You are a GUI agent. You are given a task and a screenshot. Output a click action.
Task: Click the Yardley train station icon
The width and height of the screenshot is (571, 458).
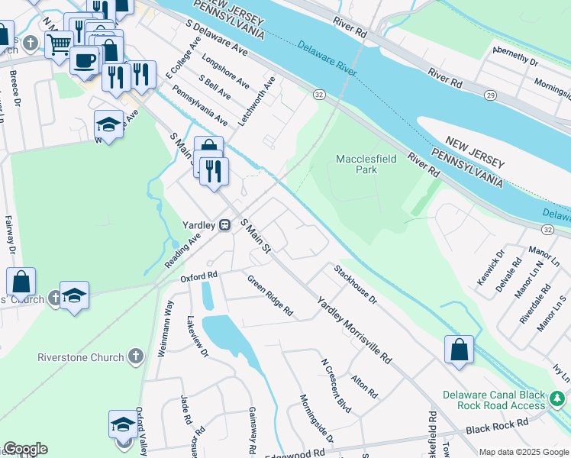click(225, 225)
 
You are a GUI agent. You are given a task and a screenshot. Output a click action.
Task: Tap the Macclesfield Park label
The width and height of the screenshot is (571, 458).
click(356, 164)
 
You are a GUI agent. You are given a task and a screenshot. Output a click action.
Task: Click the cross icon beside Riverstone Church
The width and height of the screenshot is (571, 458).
click(135, 356)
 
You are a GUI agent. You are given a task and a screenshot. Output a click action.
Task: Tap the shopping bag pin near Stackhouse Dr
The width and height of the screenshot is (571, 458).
click(459, 350)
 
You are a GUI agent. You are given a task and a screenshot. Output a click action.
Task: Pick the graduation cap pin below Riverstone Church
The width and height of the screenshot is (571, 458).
click(122, 424)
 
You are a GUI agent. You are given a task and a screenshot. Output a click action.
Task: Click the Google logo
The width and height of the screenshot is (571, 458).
click(25, 450)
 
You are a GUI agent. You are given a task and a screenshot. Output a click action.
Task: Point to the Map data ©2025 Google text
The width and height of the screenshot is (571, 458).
click(523, 452)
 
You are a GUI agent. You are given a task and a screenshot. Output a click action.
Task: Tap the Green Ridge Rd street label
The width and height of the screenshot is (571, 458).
click(269, 295)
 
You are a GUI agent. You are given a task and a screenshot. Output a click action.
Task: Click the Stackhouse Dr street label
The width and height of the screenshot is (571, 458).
click(355, 284)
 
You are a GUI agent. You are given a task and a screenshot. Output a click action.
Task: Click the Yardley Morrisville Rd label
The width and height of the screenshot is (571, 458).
click(354, 329)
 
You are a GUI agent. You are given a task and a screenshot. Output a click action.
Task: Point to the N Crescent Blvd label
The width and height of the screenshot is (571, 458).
click(335, 386)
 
